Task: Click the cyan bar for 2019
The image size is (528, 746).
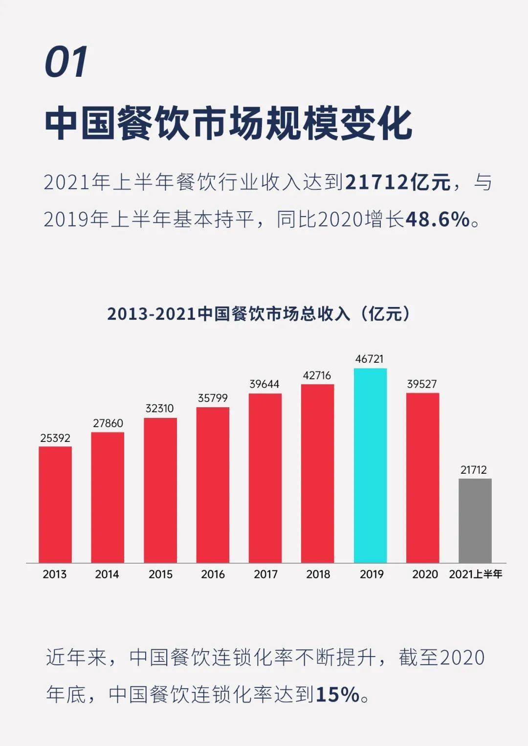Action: [x=370, y=465]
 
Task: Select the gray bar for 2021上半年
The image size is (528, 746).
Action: [x=475, y=520]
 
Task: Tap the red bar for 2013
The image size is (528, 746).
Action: [x=55, y=504]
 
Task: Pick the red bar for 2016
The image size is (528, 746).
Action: [x=213, y=484]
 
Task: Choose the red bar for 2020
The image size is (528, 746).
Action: [x=422, y=478]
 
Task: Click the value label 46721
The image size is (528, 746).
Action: [x=370, y=359]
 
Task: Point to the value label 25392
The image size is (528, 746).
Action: [x=55, y=438]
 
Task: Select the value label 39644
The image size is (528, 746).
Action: [x=264, y=384]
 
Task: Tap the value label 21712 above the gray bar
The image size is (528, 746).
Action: [x=474, y=470]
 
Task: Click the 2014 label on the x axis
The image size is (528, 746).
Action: [x=107, y=574]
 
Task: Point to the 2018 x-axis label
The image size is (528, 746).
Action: [x=318, y=574]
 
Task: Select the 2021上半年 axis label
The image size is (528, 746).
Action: [x=475, y=574]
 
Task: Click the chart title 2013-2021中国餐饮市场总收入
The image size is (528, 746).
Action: [x=259, y=313]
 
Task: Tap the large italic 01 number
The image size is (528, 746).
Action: [x=66, y=62]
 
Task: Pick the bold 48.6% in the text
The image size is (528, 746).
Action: [x=438, y=219]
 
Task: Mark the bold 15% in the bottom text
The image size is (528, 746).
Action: [x=338, y=694]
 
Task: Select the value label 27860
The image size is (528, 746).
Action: [x=108, y=423]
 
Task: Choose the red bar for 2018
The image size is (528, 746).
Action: [x=318, y=473]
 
